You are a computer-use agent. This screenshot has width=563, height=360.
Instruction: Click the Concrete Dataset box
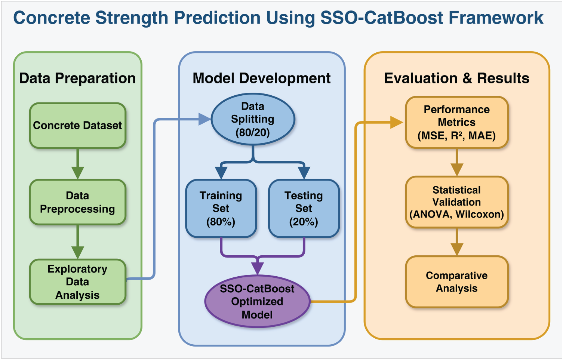(77, 126)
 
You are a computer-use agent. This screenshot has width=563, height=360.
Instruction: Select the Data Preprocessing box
(77, 202)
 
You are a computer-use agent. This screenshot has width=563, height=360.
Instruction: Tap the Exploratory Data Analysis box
(77, 282)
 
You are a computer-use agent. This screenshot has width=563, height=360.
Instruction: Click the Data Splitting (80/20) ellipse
(253, 119)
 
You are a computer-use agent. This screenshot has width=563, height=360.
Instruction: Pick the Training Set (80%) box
(221, 209)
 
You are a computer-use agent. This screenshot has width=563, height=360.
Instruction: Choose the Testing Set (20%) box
(304, 209)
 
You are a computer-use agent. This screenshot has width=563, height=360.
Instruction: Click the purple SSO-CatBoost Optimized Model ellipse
(257, 301)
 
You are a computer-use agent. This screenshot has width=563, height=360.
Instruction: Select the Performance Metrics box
(456, 122)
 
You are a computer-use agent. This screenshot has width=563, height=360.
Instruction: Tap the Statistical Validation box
(456, 202)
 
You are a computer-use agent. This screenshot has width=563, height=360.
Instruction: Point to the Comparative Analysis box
(456, 282)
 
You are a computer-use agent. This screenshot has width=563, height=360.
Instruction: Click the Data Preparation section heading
(77, 78)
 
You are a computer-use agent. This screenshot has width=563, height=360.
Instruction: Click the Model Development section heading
(261, 78)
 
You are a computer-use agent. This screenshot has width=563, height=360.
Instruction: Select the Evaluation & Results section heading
(456, 78)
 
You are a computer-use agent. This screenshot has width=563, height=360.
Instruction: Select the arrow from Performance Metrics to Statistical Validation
(456, 162)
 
